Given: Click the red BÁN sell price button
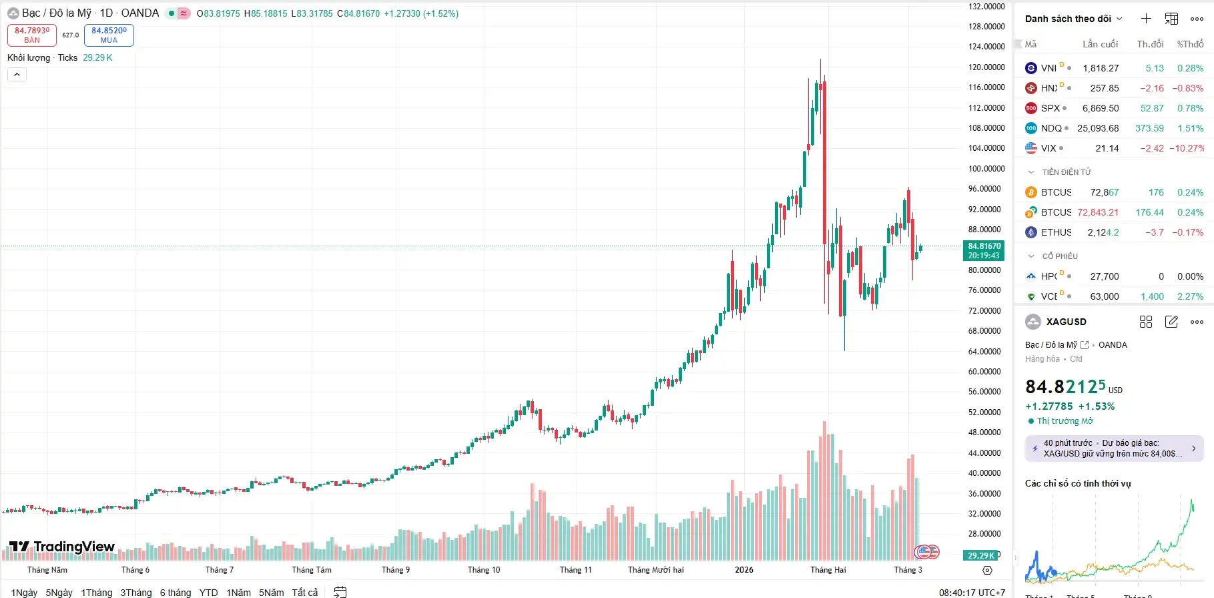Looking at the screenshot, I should pos(32,35).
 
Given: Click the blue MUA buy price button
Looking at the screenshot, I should pos(109,35).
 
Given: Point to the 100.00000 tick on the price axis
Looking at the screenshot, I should pos(986,169).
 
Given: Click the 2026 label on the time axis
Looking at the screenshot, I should pos(743,570).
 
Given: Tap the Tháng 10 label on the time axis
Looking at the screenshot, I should pos(483,570).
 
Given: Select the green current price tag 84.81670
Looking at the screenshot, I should pos(984,251).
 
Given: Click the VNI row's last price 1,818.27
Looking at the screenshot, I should pos(1101,68).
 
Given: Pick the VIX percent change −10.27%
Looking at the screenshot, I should pos(1187,148).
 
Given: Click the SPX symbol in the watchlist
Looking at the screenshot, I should pos(1050,108).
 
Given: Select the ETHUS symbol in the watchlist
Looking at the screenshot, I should pos(1056,232).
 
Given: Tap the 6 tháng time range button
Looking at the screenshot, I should pos(175,593).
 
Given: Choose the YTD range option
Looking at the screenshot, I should pos(208,593).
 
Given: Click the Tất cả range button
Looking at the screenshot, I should pos(304,593).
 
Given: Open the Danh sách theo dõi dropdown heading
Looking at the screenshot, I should pos(1073,19).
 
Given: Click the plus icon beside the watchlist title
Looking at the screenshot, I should pos(1146,19).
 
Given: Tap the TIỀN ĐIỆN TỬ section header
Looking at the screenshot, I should pos(1066,172).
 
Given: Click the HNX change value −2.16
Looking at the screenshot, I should pos(1151,88).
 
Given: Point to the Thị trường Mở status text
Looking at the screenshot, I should pos(1065,421).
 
